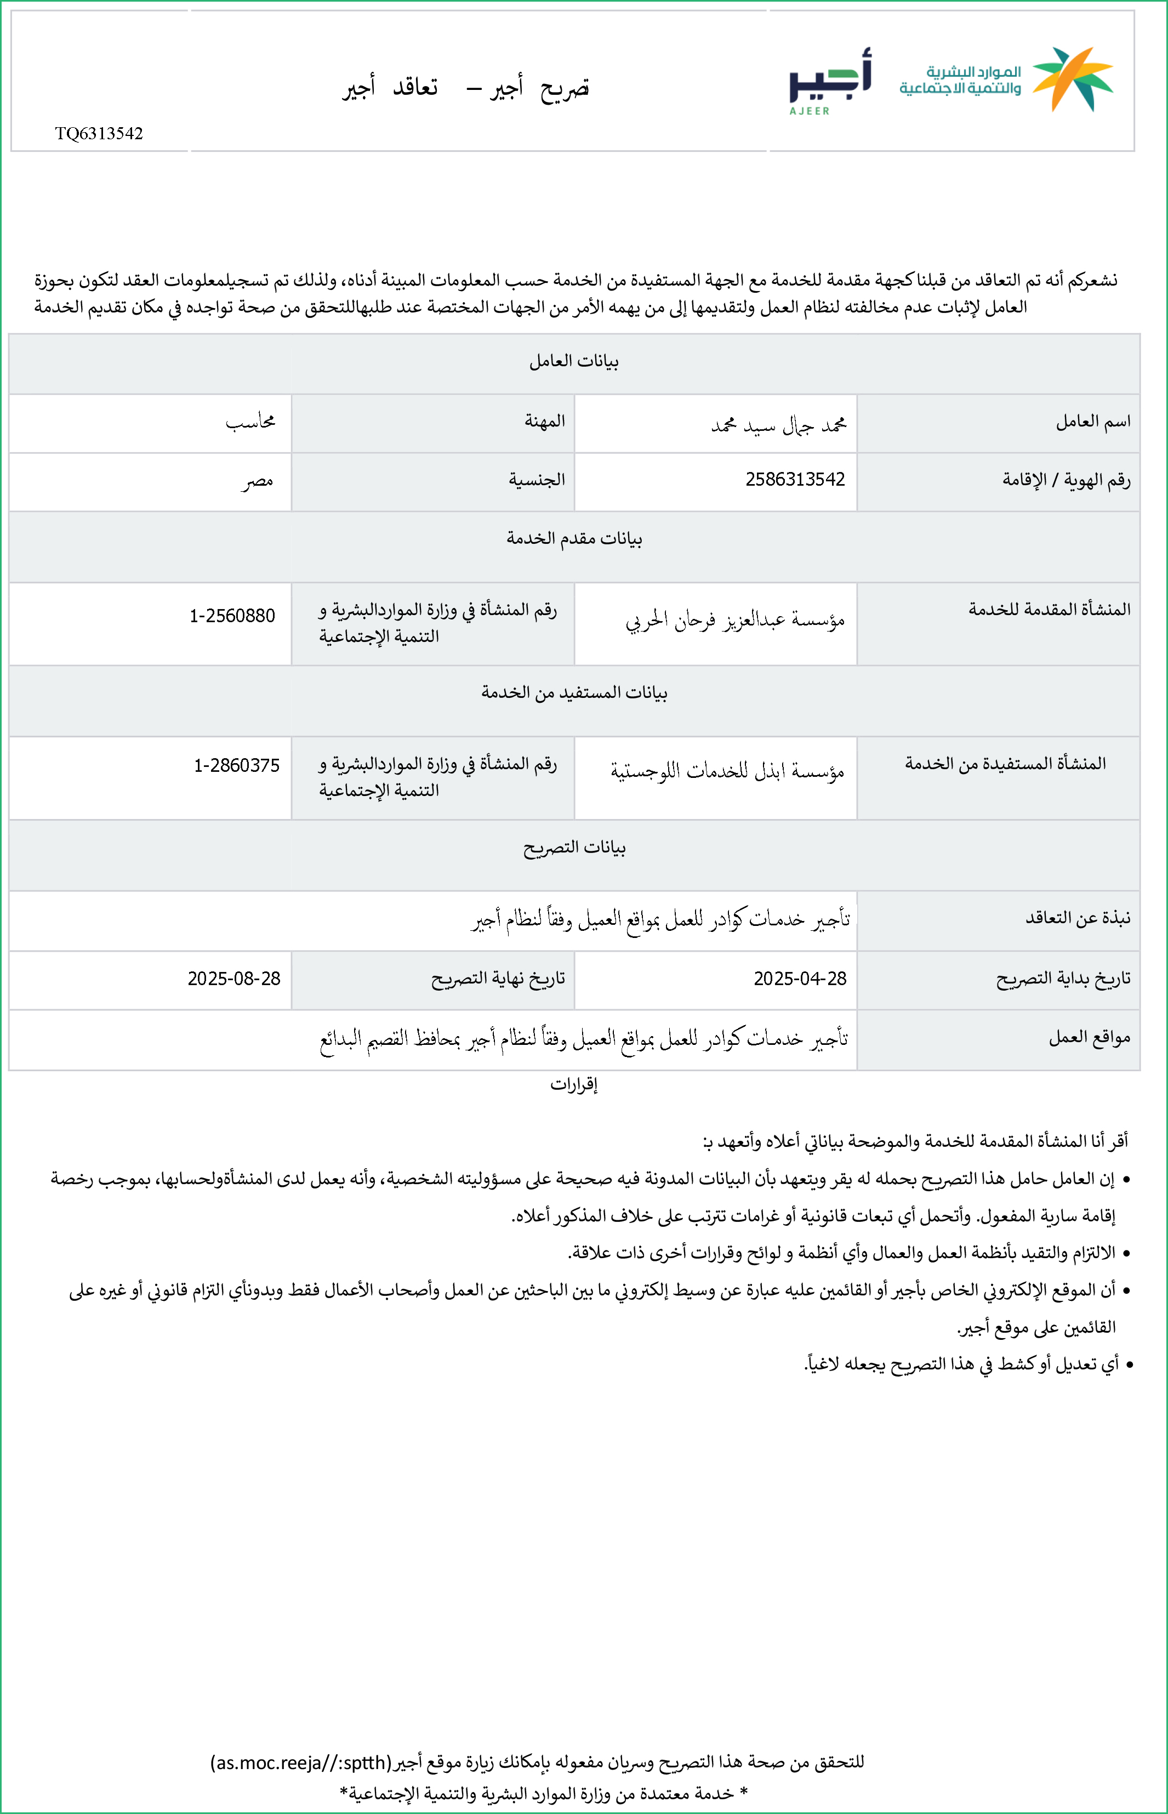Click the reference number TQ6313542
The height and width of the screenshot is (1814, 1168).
point(99,133)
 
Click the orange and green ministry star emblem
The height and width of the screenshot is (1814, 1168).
point(1073,78)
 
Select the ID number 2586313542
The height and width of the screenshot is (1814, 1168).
point(795,479)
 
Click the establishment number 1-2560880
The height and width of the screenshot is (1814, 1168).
point(232,615)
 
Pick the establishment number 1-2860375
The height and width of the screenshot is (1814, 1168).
point(237,765)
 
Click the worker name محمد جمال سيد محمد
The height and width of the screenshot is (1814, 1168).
point(778,425)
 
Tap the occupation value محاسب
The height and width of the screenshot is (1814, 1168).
point(250,422)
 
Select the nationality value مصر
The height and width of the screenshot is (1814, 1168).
point(258,481)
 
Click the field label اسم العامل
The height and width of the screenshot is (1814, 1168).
point(1093,422)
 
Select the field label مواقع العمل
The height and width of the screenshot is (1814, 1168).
point(1089,1037)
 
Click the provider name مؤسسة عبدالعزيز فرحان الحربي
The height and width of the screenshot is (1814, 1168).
point(734,621)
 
